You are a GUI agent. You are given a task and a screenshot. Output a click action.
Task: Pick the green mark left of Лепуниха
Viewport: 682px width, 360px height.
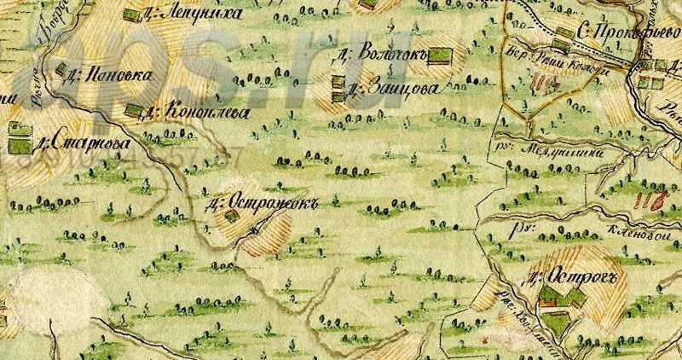click(130, 15)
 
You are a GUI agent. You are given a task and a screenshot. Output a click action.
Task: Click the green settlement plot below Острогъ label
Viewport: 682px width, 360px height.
click(559, 299)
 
